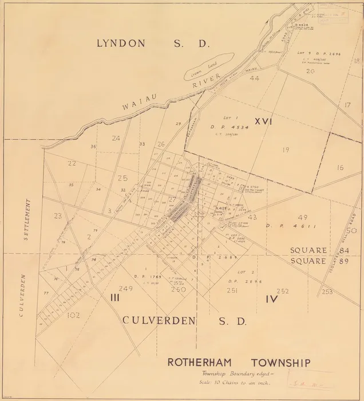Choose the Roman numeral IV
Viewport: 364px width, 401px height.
click(272, 298)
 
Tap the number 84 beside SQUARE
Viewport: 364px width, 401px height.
click(343, 251)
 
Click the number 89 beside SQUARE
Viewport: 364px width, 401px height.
click(343, 262)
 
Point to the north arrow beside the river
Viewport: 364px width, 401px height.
click(270, 22)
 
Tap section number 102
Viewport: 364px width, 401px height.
click(73, 314)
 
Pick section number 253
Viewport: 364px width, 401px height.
click(327, 292)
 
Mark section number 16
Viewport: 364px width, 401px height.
click(340, 167)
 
